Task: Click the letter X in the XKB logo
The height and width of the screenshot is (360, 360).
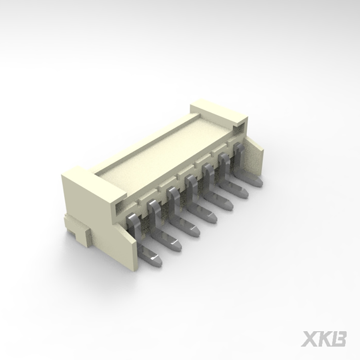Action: pos(309,338)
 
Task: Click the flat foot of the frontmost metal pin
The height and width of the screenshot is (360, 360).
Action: pos(154,258)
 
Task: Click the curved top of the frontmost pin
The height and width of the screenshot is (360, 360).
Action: pos(132,218)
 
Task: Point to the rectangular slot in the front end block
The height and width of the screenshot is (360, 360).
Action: pos(122,207)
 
